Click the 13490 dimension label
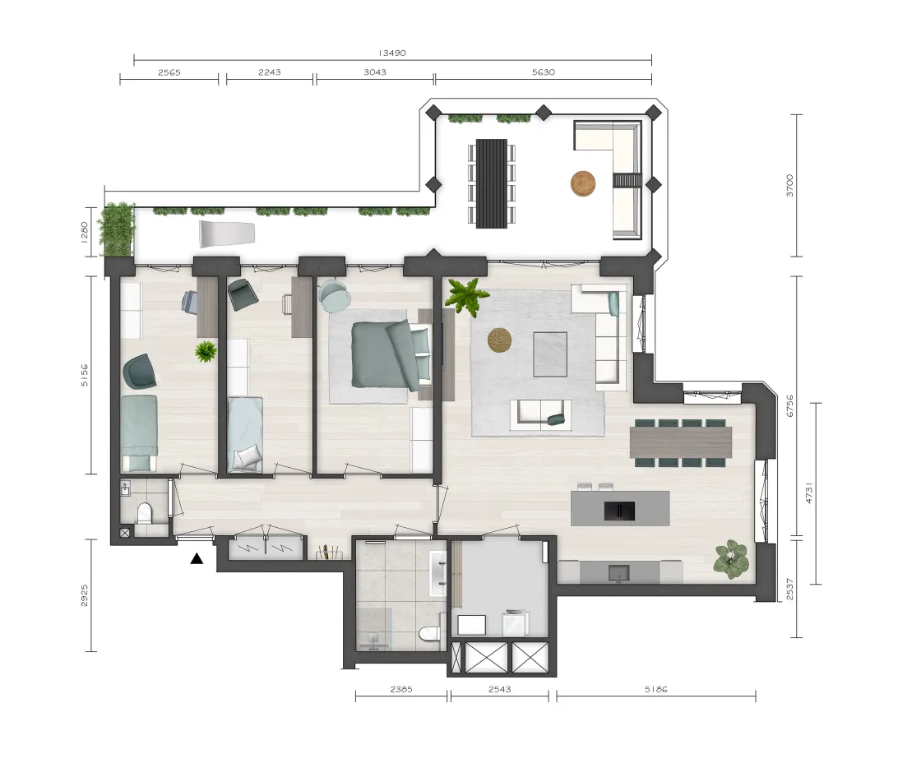tap(392, 53)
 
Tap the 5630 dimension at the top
tap(544, 72)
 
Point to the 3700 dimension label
tap(789, 186)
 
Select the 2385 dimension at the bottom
tap(401, 690)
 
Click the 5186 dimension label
tap(655, 690)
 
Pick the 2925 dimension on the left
tap(84, 595)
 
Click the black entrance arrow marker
tap(197, 558)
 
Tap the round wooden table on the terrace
tap(583, 184)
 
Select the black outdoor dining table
tap(492, 183)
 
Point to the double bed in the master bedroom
tap(391, 354)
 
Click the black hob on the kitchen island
tap(619, 511)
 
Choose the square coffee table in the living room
tap(550, 354)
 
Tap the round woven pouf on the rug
tap(500, 340)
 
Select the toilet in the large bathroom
tap(429, 634)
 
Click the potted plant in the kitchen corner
tap(731, 558)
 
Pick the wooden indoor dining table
tap(681, 442)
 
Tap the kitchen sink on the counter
tap(618, 572)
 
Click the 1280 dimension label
tap(84, 232)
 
